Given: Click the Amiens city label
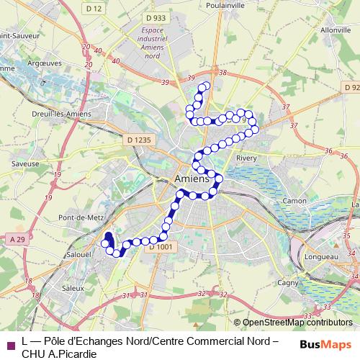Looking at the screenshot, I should coord(192,179).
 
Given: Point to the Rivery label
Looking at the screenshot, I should coord(246,158).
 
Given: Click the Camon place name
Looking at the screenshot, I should coord(294,200).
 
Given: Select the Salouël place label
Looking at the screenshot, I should coord(77,254).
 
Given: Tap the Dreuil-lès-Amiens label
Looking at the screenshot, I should coord(53,113).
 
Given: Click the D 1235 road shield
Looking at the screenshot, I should coord(138,139).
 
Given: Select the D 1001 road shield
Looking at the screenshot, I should coord(160,247).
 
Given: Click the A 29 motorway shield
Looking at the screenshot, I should coord(17,238).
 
